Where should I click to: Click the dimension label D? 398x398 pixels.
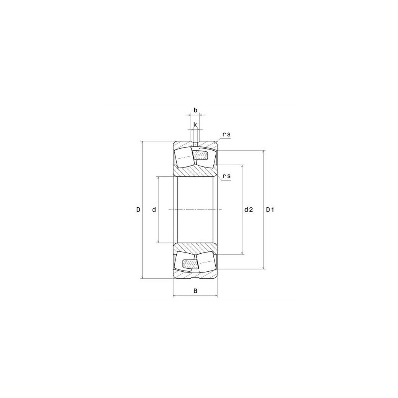[138, 210]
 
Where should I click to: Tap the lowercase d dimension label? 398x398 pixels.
[154, 210]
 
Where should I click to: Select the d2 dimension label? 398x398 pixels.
[249, 210]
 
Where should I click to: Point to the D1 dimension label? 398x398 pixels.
[270, 210]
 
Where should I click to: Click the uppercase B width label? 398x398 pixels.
[196, 290]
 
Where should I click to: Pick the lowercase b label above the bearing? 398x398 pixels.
[196, 110]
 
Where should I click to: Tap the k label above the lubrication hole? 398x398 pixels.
[195, 124]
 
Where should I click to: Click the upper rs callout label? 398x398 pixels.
[226, 135]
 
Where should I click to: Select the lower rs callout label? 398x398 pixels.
[226, 176]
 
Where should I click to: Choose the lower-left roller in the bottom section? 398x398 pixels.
[184, 263]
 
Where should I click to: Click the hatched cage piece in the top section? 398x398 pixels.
[201, 156]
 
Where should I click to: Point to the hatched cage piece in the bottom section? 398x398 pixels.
[190, 263]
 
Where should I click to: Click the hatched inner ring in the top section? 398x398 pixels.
[196, 170]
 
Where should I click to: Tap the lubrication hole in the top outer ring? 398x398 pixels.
[196, 144]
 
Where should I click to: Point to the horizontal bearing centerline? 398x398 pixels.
[196, 210]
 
